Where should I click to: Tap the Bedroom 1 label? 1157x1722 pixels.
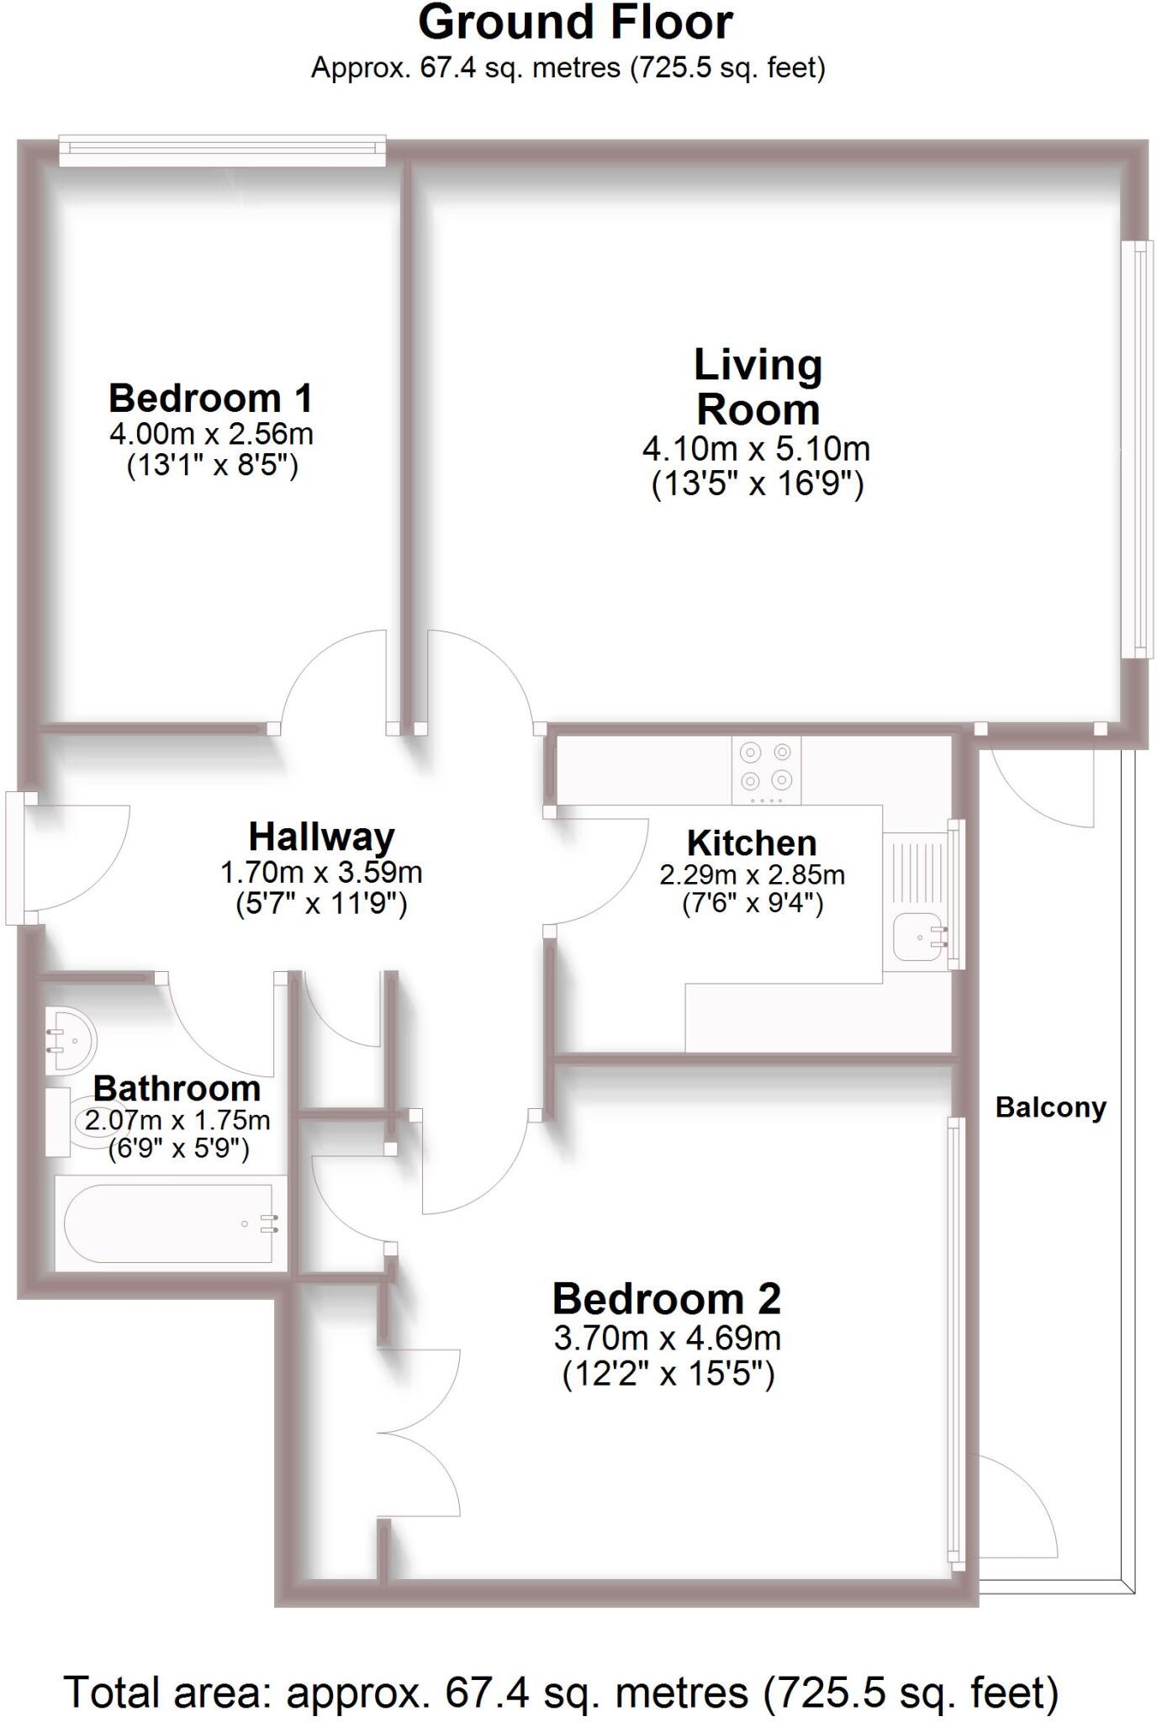point(210,398)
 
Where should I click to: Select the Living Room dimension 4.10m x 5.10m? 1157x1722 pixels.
point(756,449)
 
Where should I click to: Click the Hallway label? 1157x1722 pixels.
point(321,837)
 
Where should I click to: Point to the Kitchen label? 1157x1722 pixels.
point(751,843)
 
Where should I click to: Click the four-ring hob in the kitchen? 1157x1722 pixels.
point(766,767)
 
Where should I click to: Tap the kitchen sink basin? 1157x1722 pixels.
point(917,937)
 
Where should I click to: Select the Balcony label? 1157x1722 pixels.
point(1050,1107)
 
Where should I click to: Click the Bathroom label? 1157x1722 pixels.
point(177,1089)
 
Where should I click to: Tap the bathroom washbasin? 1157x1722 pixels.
point(71,1040)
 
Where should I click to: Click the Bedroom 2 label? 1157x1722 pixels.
point(666,1299)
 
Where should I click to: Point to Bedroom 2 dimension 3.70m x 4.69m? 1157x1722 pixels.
point(667,1337)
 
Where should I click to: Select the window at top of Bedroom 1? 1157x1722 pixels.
point(222,150)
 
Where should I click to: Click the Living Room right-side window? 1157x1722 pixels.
point(1138,449)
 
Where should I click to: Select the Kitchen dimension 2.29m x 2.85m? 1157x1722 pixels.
point(752,875)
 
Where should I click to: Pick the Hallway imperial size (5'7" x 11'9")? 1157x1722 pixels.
point(321,904)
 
